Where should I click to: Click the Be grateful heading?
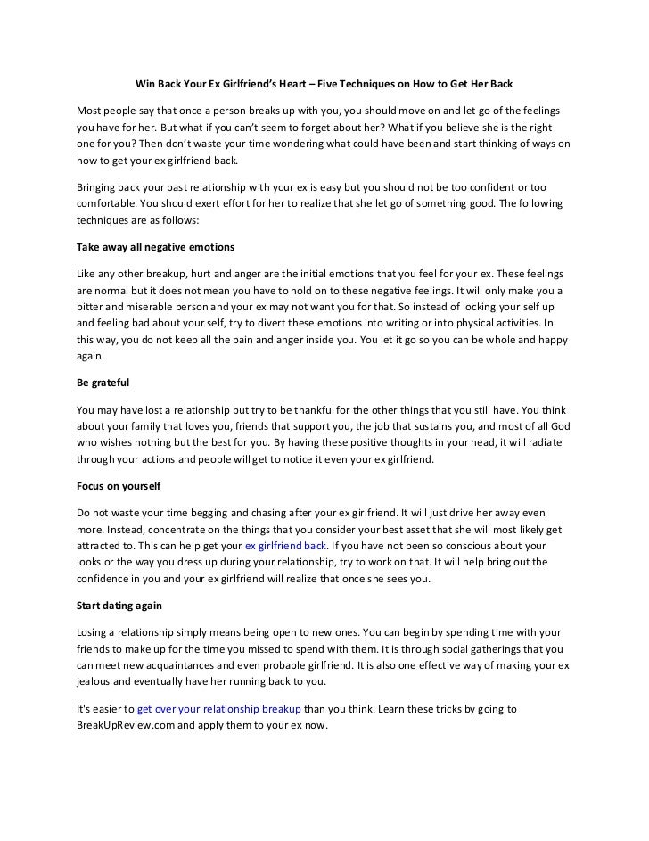tap(102, 383)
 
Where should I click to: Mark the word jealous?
tap(94, 681)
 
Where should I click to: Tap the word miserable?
tap(155, 307)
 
